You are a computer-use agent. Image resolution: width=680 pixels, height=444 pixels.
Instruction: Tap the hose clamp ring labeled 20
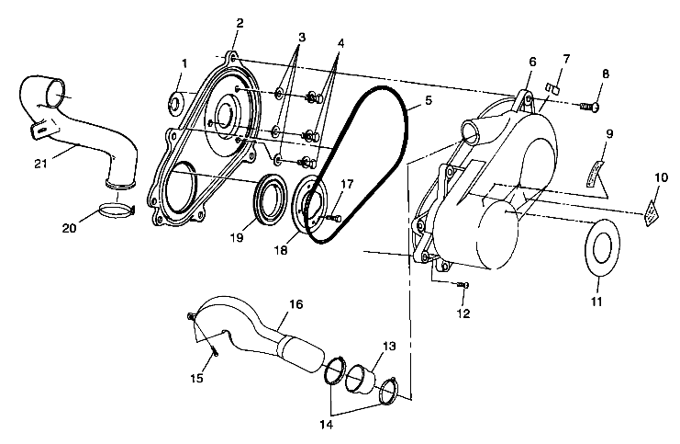117,210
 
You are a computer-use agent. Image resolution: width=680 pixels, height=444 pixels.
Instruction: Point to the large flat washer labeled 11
603,246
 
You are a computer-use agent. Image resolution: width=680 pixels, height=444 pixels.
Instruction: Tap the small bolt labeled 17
332,219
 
